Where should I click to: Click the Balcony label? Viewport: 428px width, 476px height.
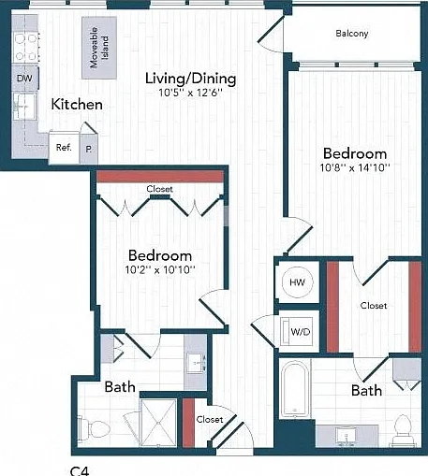[352, 34]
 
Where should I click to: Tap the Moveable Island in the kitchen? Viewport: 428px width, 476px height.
[99, 48]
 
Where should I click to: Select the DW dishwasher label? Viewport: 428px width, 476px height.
[24, 79]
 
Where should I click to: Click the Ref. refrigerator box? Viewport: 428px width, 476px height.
[64, 148]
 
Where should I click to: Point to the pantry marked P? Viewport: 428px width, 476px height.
[89, 149]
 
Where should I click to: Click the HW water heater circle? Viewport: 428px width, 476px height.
[298, 282]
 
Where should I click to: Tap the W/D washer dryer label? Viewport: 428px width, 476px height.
[301, 332]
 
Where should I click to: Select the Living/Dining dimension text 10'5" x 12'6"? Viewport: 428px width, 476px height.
[190, 93]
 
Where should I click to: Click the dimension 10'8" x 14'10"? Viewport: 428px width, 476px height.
[355, 167]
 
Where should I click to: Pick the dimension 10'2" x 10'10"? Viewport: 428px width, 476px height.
[160, 269]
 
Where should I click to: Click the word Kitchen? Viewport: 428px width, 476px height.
[77, 104]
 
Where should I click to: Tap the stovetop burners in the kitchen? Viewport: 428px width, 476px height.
[26, 47]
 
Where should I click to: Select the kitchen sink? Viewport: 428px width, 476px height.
[24, 107]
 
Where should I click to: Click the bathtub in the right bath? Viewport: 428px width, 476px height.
[295, 389]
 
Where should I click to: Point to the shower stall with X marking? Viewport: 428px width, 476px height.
[158, 423]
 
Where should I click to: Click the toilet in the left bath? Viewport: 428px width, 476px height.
[94, 429]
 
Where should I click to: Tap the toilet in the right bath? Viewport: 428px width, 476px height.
[403, 429]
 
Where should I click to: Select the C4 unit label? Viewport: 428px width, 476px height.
[80, 470]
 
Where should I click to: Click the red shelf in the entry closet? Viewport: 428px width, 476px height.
[188, 423]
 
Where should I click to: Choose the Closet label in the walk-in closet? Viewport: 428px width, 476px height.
[374, 306]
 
